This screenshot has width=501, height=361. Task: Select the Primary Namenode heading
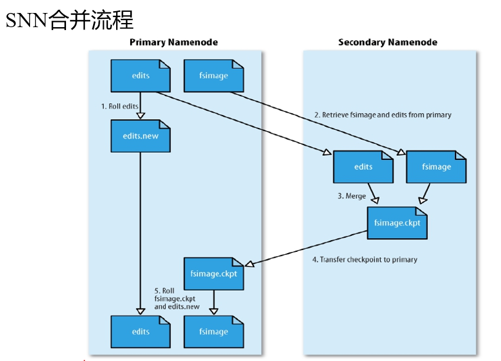[x=173, y=42]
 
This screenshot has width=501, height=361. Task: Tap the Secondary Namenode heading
[x=387, y=42]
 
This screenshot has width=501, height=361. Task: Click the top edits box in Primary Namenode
[x=140, y=76]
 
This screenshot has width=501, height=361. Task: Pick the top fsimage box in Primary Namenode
[x=213, y=76]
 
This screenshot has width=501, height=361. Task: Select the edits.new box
[x=140, y=136]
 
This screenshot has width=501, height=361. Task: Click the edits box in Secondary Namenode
[x=363, y=166]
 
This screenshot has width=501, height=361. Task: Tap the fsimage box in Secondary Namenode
[x=436, y=166]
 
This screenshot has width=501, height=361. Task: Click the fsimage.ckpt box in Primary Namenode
[x=213, y=273]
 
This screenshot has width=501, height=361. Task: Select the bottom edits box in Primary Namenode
[x=140, y=331]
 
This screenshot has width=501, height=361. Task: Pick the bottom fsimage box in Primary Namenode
[x=213, y=331]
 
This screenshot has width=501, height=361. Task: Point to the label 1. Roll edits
[x=120, y=106]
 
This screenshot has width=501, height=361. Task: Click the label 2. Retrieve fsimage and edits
[x=382, y=115]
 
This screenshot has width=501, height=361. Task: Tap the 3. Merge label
[x=351, y=196]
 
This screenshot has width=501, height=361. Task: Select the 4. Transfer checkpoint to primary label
[x=364, y=259]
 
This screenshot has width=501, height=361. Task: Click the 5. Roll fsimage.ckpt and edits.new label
[x=176, y=298]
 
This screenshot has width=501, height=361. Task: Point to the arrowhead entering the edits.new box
[x=140, y=116]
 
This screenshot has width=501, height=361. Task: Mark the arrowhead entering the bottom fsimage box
[x=213, y=311]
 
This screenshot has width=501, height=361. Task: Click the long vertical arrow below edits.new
[x=140, y=230]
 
